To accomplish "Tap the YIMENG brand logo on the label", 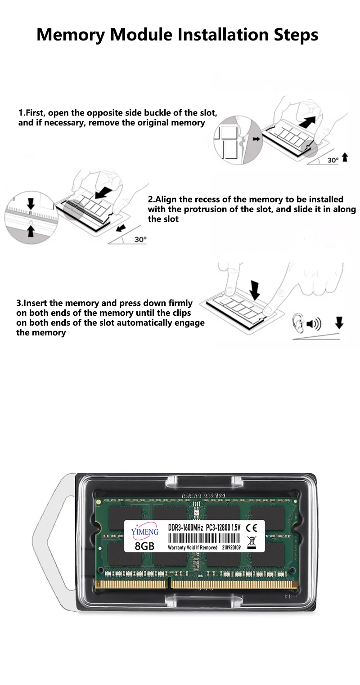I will pyautogui.click(x=145, y=531).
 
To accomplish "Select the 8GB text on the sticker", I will pyautogui.click(x=144, y=546).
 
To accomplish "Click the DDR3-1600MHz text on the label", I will pyautogui.click(x=185, y=527).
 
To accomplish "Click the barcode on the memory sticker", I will pyautogui.click(x=203, y=538).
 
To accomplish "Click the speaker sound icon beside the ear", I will pyautogui.click(x=314, y=323).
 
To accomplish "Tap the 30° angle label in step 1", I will pyautogui.click(x=333, y=160).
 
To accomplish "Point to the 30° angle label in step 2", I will pyautogui.click(x=140, y=239).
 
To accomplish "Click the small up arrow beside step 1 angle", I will pyautogui.click(x=345, y=157).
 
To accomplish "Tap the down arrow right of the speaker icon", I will pyautogui.click(x=339, y=322).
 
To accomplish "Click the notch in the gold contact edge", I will pyautogui.click(x=169, y=584).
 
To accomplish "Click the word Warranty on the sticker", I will pyautogui.click(x=177, y=547).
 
